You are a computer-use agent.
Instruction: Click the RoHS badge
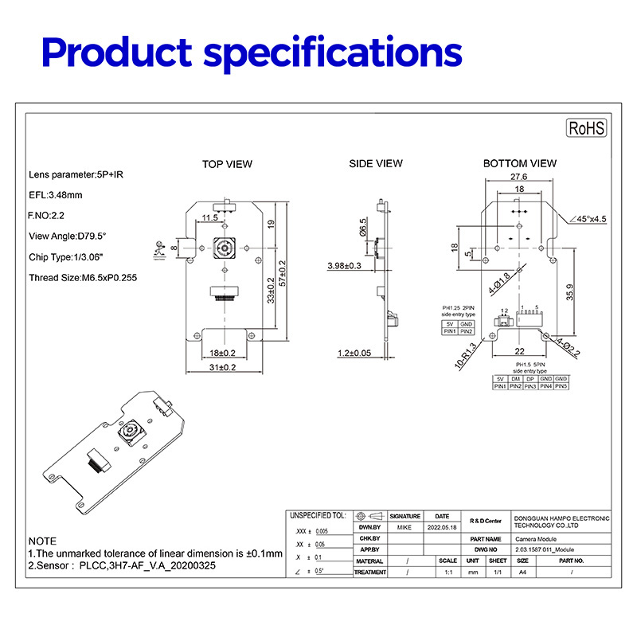tap(587, 128)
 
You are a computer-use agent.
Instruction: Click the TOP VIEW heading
tap(227, 164)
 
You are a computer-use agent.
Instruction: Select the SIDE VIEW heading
tap(376, 163)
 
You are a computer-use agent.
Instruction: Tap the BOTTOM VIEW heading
tap(520, 163)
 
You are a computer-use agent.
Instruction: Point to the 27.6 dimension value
tap(519, 177)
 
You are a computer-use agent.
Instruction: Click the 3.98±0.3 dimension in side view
tap(344, 265)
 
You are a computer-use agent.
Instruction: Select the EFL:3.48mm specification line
tap(56, 194)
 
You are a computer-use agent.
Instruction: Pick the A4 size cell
tap(522, 572)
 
